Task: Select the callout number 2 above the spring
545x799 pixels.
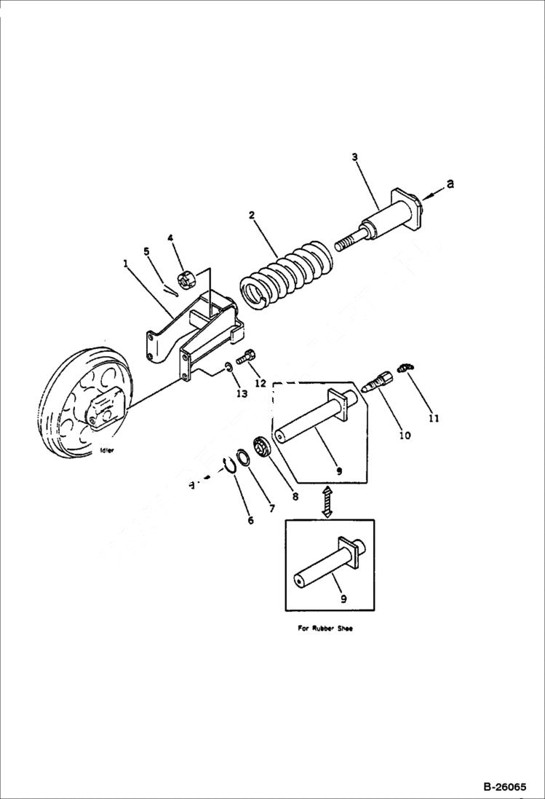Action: [251, 216]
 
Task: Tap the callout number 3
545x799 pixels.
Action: [354, 157]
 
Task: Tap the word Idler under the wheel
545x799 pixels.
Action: [107, 451]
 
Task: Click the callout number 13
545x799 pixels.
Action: [241, 393]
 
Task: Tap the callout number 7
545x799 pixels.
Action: [271, 508]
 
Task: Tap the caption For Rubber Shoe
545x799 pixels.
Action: [325, 629]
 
